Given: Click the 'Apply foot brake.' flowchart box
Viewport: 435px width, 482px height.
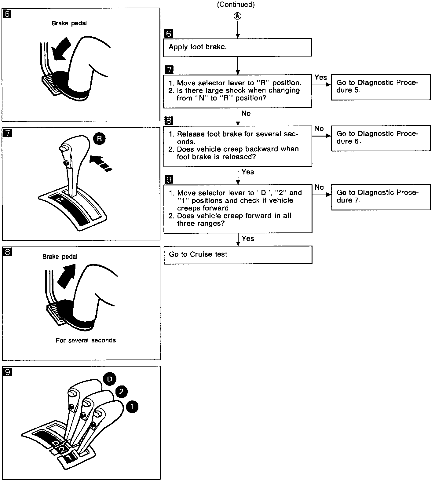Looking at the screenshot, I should [x=237, y=47].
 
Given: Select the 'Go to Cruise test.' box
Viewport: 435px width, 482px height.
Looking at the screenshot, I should [x=238, y=255].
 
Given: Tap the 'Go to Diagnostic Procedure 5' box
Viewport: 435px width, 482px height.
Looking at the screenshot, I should [x=381, y=87].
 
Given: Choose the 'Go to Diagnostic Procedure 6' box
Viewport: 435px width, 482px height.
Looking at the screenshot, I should [x=381, y=138].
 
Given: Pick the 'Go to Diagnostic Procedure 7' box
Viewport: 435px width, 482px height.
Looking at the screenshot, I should [x=381, y=197].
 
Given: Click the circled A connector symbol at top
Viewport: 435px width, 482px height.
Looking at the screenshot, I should [x=237, y=16].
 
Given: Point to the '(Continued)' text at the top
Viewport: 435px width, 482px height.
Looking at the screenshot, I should [x=236, y=5].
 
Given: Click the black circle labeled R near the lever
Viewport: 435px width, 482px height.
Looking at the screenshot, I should [x=99, y=139].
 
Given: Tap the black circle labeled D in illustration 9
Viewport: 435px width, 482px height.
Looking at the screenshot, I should [x=109, y=379].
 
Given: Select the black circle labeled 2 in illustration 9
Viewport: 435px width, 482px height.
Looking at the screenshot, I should [x=121, y=391].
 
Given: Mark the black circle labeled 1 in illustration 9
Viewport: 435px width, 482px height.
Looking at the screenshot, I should [x=132, y=407].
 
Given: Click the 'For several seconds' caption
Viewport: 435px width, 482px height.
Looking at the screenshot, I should [x=86, y=341].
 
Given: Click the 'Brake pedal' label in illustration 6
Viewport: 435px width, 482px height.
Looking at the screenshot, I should [x=69, y=23].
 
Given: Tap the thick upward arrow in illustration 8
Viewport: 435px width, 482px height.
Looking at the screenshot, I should [x=67, y=276].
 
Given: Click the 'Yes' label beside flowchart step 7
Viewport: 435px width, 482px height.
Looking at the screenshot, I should [x=320, y=78].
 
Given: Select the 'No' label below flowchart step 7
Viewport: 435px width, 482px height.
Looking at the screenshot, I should [x=246, y=114].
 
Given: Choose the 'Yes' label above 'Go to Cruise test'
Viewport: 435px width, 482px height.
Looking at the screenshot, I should [x=248, y=239].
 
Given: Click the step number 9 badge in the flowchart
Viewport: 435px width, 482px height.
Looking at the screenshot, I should [x=169, y=179].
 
